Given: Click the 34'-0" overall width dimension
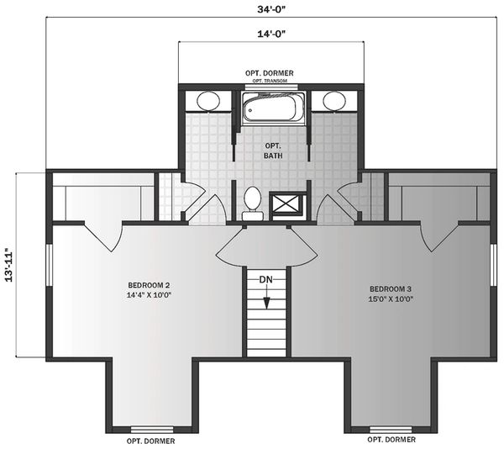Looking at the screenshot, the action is [271, 9].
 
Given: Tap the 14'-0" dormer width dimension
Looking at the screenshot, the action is [271, 34].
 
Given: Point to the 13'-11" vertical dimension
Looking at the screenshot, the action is [9, 265].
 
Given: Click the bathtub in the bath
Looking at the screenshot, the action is [273, 108].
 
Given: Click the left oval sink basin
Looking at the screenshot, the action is [208, 101].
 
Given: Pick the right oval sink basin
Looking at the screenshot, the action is [334, 101].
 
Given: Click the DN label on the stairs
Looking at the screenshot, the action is [265, 280].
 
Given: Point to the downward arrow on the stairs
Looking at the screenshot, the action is [266, 298].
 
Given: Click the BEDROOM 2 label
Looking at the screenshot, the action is [149, 285].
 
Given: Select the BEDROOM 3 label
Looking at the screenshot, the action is [391, 289].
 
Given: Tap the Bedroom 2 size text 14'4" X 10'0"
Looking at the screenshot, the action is [149, 295].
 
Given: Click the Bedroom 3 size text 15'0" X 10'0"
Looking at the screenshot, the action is [391, 298].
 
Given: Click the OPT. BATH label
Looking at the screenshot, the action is [273, 151].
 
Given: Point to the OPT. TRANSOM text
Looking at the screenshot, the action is [270, 81].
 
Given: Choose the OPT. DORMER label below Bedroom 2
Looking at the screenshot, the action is [150, 441].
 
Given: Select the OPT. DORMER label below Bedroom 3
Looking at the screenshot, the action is [391, 440].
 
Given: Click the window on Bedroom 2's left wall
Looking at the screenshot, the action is [49, 265].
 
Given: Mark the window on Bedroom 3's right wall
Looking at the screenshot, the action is [493, 265].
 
